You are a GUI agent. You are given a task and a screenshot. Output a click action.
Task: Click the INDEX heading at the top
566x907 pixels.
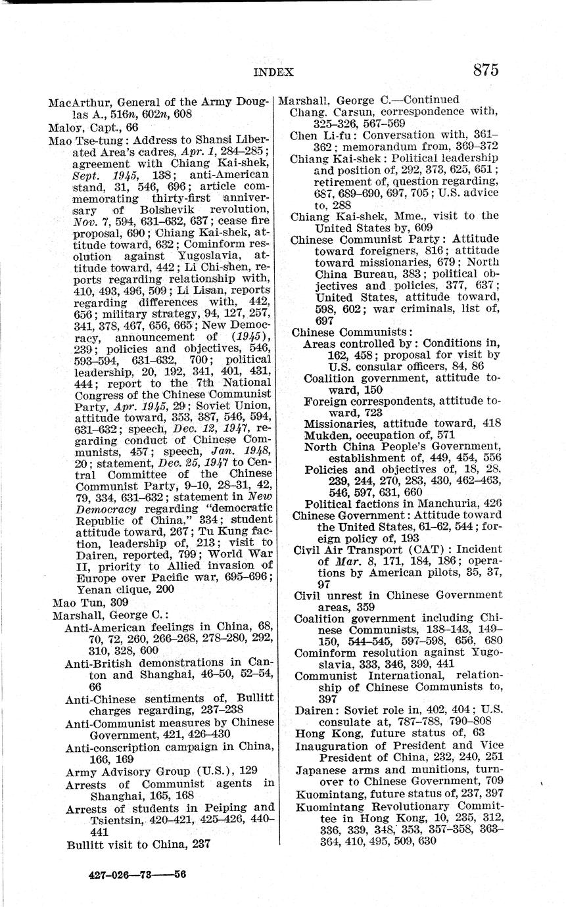[273, 72]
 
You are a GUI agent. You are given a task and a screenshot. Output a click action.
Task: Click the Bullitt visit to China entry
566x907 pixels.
[138, 845]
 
